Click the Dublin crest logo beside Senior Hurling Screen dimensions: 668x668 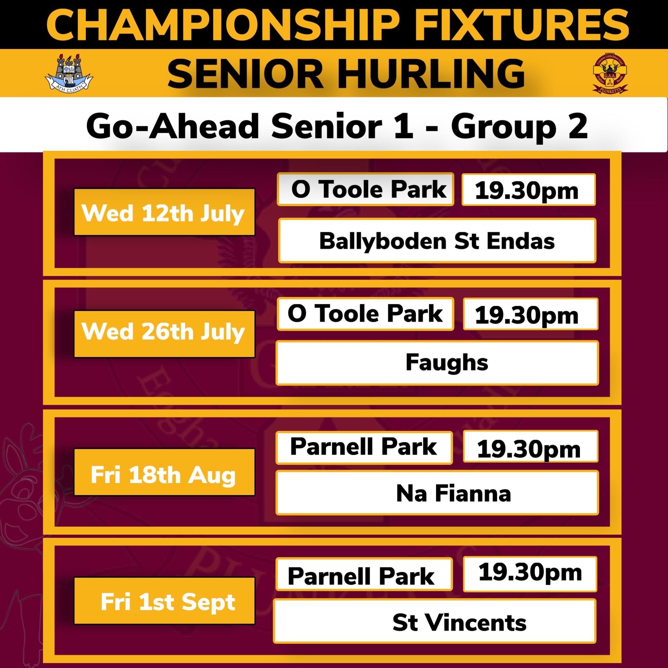pos(69,73)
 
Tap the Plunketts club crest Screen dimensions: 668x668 pos(610,74)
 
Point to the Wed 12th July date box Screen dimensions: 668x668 pos(165,212)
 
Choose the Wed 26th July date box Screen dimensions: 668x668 pos(165,334)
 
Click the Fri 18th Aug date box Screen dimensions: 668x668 pos(165,472)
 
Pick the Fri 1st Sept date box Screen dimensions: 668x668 pos(165,600)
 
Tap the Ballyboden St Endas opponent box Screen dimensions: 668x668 pos(437,241)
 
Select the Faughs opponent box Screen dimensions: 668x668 pos(437,363)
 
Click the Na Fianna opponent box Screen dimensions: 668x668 pos(437,493)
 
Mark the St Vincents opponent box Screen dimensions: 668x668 pos(434,621)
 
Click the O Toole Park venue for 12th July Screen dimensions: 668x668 pos(365,189)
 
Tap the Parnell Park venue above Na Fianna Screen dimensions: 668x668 pos(364,448)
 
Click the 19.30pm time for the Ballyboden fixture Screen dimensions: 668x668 pos(528,190)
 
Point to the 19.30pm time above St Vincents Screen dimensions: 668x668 pos(530,574)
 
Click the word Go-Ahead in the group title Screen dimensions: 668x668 pos(173,126)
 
